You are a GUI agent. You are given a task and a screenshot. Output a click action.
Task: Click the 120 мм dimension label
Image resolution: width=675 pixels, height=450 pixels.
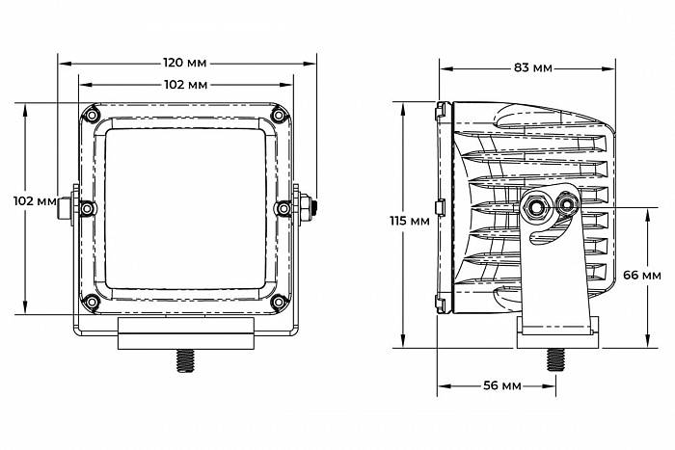185,63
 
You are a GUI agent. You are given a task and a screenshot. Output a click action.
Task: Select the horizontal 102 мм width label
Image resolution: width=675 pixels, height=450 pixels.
185,85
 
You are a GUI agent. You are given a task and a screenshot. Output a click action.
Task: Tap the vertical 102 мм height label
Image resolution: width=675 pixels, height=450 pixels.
35,200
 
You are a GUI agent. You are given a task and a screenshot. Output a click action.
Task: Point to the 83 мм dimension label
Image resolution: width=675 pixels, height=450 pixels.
532,67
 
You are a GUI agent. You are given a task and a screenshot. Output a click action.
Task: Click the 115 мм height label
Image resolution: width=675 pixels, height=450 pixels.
410,221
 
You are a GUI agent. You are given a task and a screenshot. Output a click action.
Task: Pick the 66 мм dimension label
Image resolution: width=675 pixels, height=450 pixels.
642,275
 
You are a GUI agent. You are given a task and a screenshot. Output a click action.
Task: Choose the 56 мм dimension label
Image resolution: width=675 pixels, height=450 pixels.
502,385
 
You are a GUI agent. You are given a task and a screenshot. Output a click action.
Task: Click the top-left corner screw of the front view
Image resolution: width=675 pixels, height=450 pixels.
92,115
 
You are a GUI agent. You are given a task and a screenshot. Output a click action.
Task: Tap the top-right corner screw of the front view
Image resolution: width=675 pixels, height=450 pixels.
279,115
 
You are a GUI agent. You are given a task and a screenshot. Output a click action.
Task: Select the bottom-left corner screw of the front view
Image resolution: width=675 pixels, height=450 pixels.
92,302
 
